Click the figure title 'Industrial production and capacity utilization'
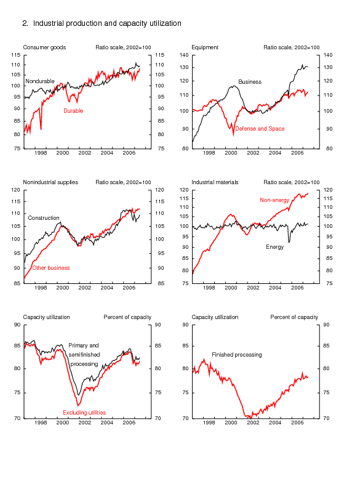coord(107,23)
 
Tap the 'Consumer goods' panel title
coord(44,47)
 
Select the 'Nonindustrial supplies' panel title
coord(50,182)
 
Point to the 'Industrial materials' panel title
coord(215,182)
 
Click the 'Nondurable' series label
coord(40,81)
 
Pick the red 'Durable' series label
coord(73,111)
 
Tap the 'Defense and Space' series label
coord(260,129)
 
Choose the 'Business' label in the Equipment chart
coord(250,82)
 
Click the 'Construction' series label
coord(44,218)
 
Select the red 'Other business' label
coord(51,268)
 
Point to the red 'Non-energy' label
coord(274,200)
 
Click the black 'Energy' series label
coord(275,247)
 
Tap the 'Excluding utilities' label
coord(84,413)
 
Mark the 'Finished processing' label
coord(237,355)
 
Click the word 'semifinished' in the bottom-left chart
coord(84,355)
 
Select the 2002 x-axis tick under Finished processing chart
coord(253,423)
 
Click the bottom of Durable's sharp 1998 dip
coord(41,129)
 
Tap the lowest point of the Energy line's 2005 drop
coord(289,242)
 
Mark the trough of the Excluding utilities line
coord(78,406)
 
